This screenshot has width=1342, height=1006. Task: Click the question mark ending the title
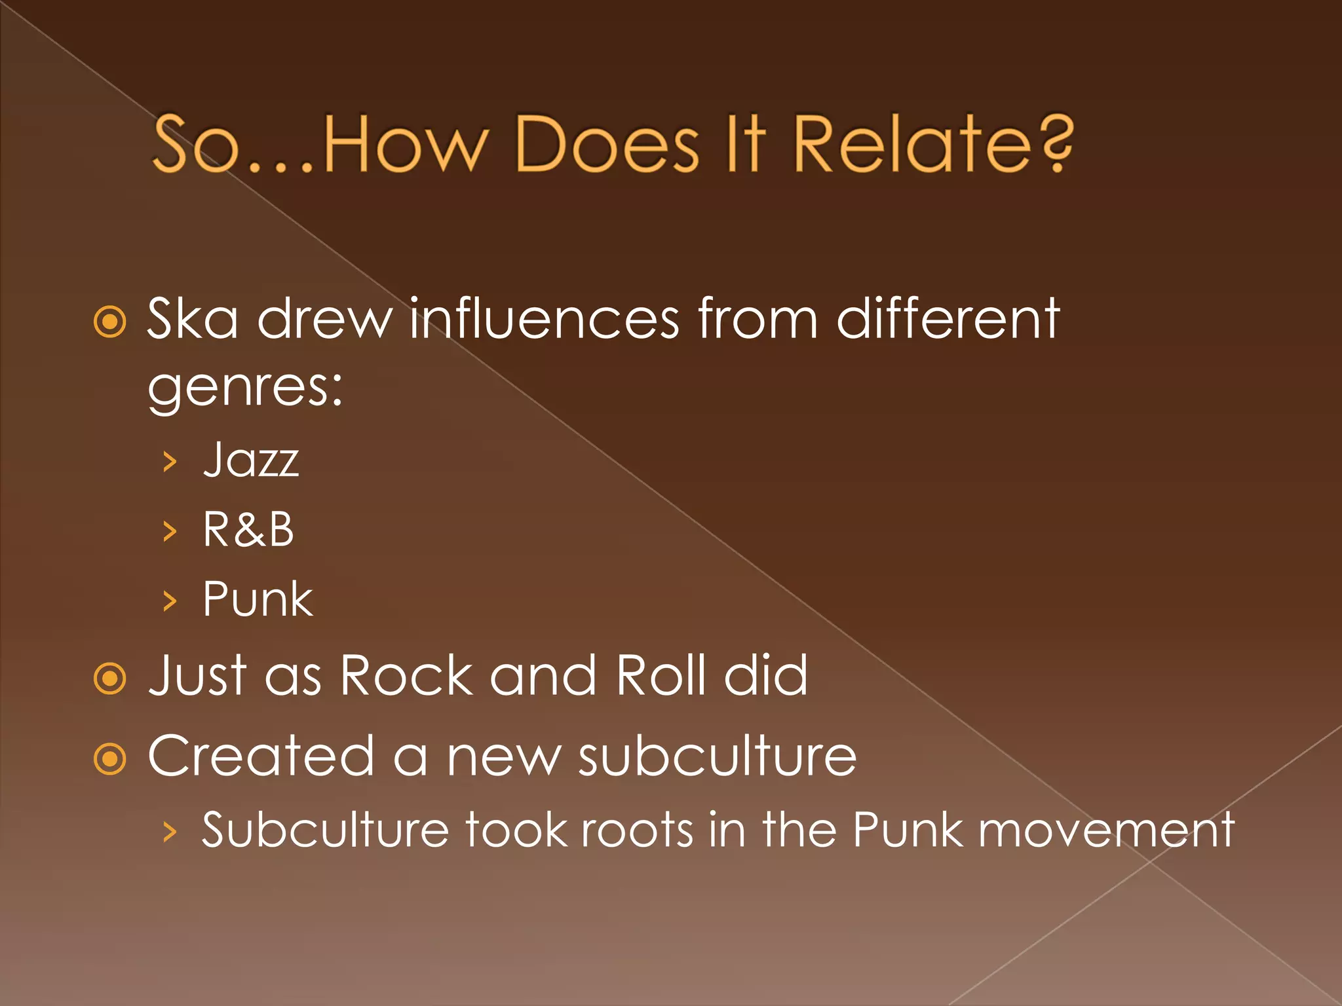(x=1055, y=144)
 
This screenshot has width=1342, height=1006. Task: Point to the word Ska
(x=192, y=319)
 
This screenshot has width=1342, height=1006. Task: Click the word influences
(x=545, y=319)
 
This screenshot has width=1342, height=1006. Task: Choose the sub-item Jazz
(x=251, y=460)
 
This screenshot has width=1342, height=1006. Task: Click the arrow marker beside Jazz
(x=170, y=462)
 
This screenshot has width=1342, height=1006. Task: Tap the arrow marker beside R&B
(x=170, y=531)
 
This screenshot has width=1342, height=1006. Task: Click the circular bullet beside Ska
(x=109, y=322)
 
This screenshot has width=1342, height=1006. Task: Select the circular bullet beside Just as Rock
(x=109, y=679)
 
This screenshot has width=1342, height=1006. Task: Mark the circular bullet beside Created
(x=109, y=759)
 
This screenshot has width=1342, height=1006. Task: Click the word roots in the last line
(x=636, y=830)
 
